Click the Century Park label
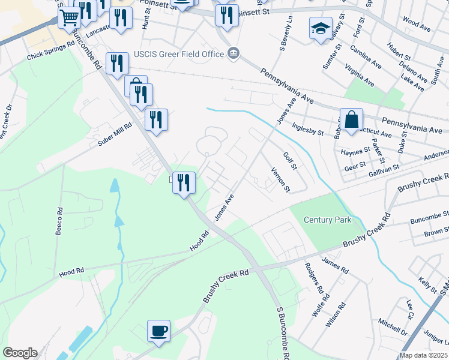tap(327, 220)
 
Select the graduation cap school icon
tap(321, 28)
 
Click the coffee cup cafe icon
tap(159, 331)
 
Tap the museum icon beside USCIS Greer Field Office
tap(234, 54)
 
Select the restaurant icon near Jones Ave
tap(184, 182)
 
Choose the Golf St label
tap(290, 161)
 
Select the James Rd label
tap(335, 265)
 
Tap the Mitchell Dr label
tap(393, 326)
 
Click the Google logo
tap(19, 353)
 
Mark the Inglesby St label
tap(308, 129)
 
